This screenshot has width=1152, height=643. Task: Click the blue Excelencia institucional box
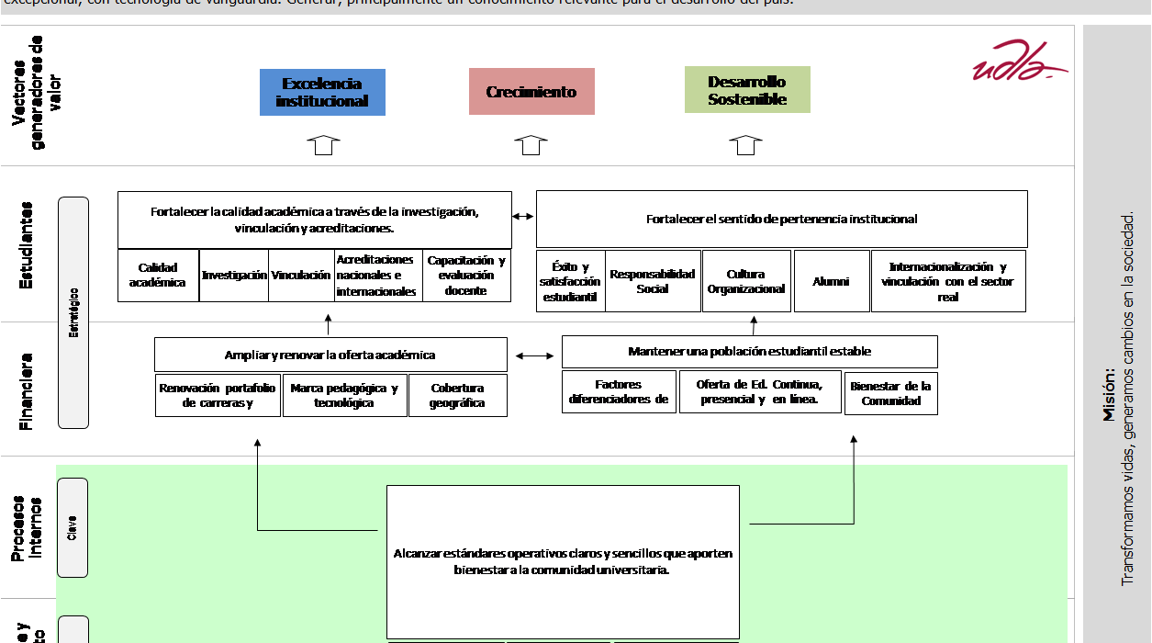point(322,92)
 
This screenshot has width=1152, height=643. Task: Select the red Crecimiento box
point(531,92)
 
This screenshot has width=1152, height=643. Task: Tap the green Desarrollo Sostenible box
point(747,90)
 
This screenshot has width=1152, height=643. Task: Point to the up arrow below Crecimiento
point(531,145)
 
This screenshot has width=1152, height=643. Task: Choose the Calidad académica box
point(157,276)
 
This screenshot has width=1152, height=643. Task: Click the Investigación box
point(234,276)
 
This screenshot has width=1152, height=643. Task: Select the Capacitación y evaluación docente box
point(466,276)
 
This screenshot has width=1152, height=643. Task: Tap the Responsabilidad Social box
point(653,281)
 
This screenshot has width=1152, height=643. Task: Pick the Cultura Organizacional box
point(746,281)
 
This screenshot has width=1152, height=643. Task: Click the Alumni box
point(831,281)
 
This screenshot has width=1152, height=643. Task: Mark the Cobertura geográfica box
point(457,396)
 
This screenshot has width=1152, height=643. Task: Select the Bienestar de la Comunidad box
point(890,393)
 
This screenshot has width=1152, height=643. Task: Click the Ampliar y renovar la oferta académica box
point(330,355)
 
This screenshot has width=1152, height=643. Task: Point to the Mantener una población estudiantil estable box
point(749,352)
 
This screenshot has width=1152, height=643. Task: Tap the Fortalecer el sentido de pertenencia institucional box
point(781,220)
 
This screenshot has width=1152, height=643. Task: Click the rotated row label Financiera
point(27,391)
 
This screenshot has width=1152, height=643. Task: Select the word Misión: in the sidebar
point(1109,395)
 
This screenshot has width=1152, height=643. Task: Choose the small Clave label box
point(73,527)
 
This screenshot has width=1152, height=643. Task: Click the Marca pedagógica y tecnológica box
point(344,396)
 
